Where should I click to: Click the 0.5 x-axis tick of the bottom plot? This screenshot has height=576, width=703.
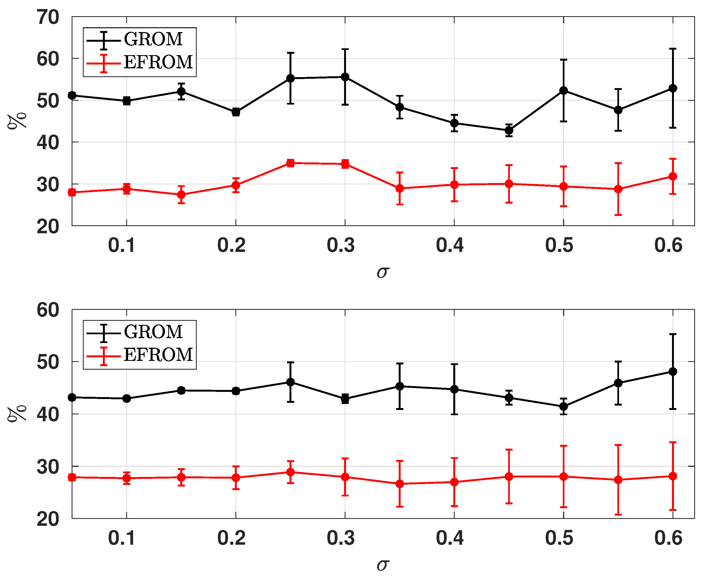tap(559, 538)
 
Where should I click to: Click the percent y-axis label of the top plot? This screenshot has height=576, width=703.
tap(17, 122)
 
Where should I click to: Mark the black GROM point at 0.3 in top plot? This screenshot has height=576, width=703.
tap(345, 77)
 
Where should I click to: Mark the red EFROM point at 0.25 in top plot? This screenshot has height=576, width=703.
tap(291, 163)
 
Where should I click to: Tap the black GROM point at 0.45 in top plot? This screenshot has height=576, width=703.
tap(509, 130)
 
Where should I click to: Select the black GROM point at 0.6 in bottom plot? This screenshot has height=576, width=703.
tap(673, 372)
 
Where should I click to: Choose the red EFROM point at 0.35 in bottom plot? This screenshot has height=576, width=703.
tap(400, 484)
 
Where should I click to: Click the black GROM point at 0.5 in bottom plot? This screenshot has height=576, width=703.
tap(563, 406)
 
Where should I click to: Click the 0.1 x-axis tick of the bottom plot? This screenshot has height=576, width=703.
tap(122, 538)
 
